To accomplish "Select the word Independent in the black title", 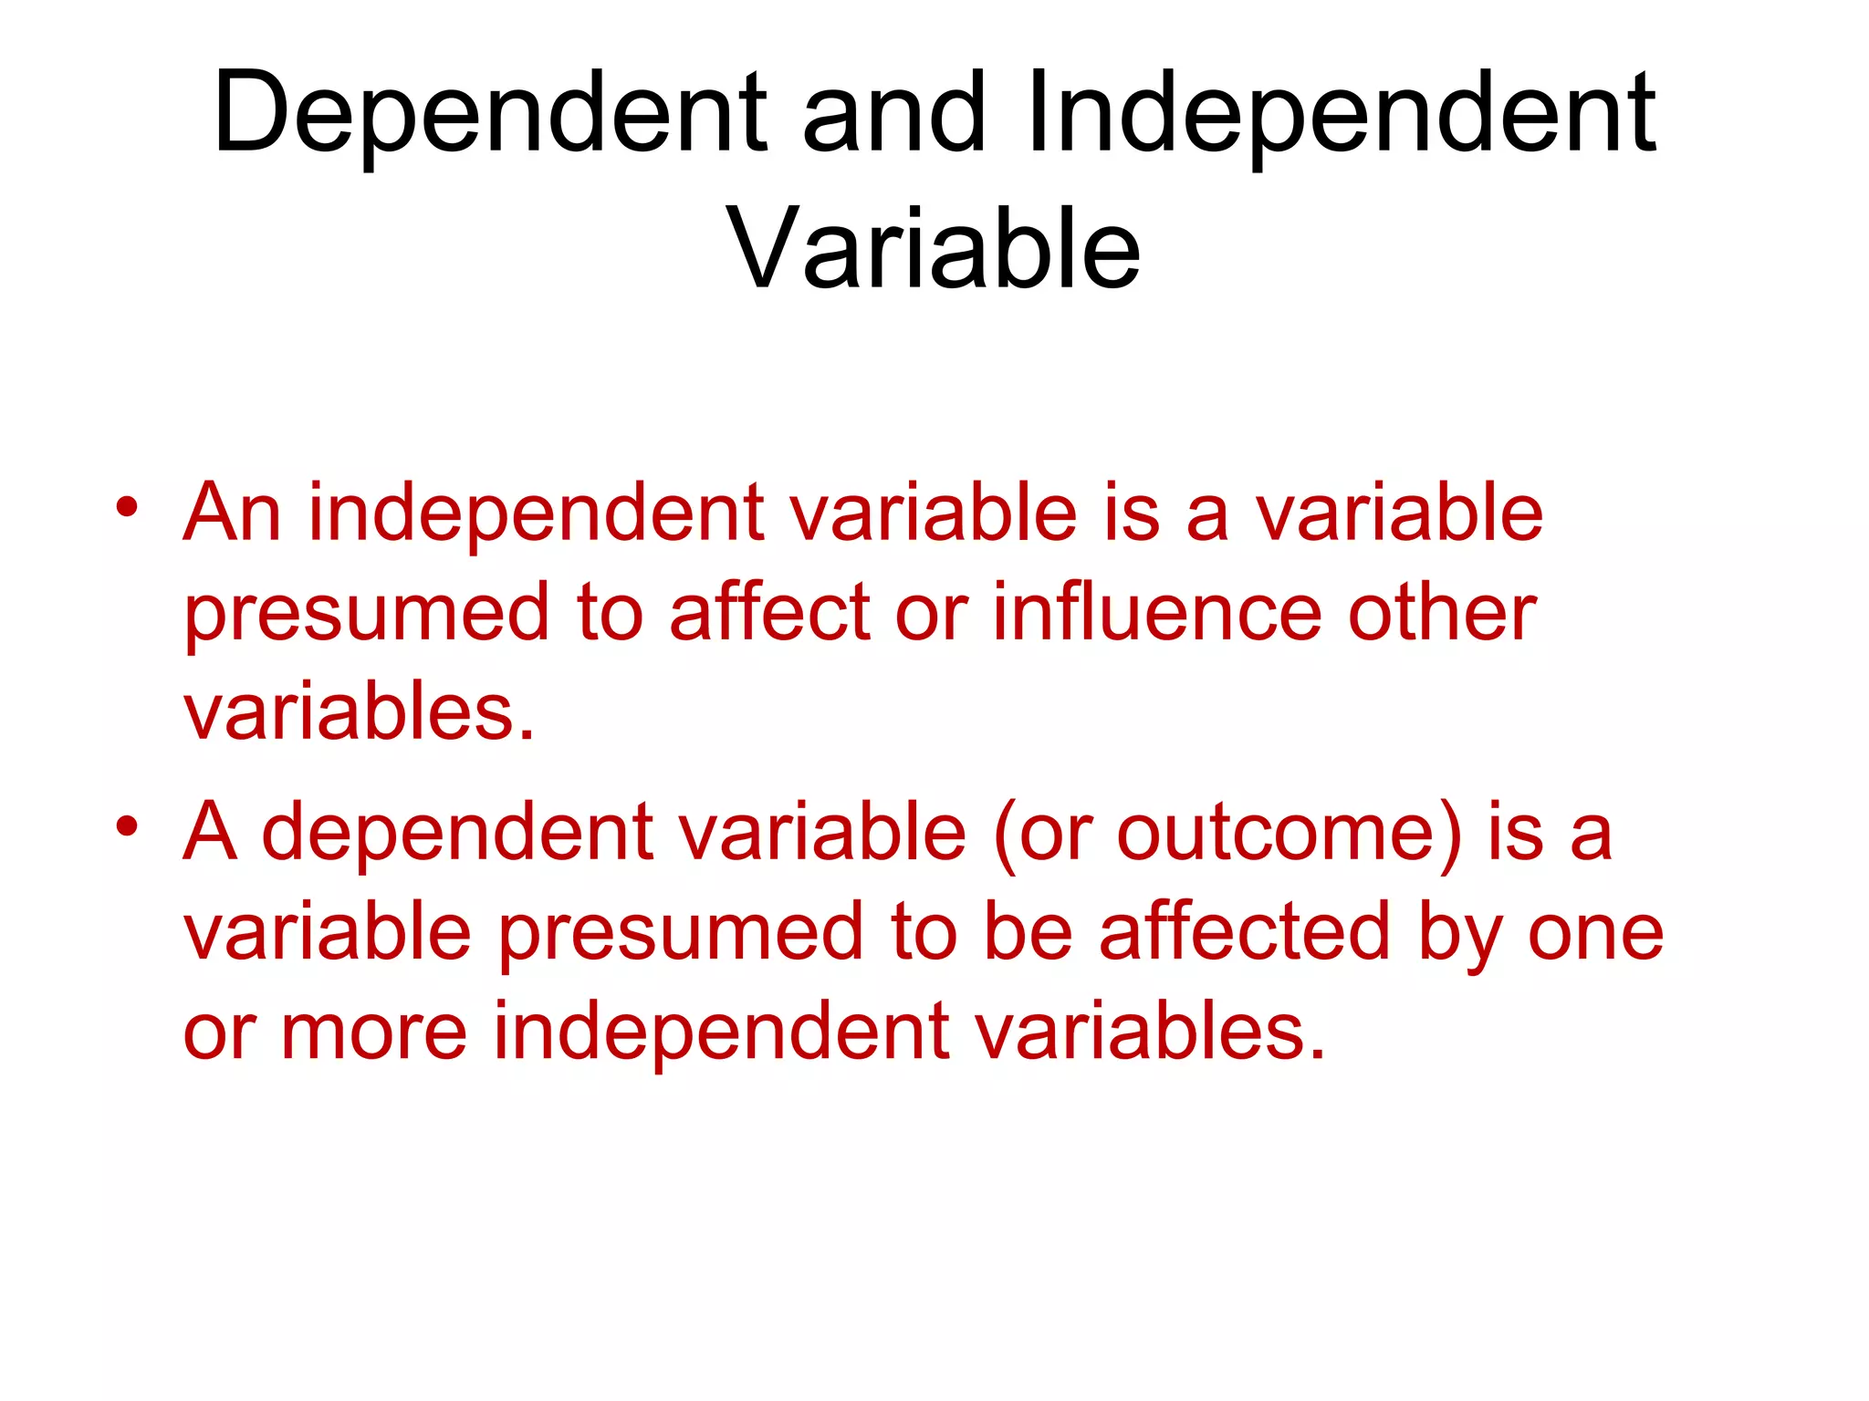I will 1340,114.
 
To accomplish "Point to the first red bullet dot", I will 127,507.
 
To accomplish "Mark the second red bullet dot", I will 127,826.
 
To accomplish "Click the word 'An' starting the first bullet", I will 232,513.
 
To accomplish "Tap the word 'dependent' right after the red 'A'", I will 457,832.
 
